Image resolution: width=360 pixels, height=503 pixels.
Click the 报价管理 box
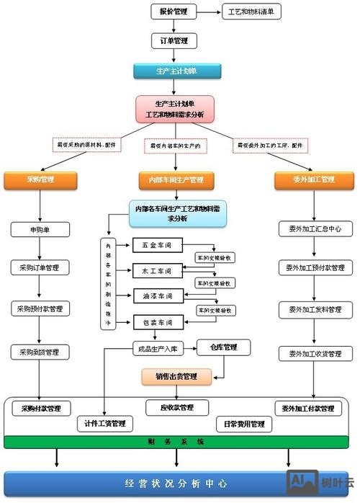[x=171, y=12]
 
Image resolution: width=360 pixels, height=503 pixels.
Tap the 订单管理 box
[x=173, y=41]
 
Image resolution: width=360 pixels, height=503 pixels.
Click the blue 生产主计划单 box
[x=176, y=71]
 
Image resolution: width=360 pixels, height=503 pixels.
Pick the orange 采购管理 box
[x=40, y=179]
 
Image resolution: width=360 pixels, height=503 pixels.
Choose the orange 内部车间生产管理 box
[x=176, y=179]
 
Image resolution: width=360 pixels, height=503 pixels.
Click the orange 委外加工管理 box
[x=315, y=179]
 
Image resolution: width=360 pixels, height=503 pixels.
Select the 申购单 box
[x=40, y=229]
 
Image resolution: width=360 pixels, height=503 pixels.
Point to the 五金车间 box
[x=155, y=245]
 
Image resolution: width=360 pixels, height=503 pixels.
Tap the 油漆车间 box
[x=155, y=295]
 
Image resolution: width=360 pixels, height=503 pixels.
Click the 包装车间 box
[x=155, y=321]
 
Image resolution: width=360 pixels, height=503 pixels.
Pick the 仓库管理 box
[x=224, y=347]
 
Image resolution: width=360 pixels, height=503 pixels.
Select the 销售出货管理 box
[x=176, y=375]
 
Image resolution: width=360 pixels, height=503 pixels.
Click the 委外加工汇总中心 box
[x=315, y=229]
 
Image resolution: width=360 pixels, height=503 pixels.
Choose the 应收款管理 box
[x=176, y=408]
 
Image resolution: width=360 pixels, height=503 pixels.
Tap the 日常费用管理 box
[x=243, y=424]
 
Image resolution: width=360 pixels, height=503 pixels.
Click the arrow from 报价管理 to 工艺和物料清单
[x=207, y=12]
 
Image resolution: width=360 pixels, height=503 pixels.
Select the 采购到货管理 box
[x=40, y=352]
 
